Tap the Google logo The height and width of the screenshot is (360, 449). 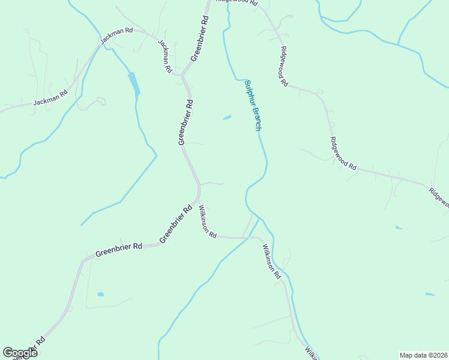tap(20, 353)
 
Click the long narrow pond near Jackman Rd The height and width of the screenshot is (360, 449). tap(134, 83)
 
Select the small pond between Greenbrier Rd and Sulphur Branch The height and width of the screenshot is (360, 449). tap(227, 118)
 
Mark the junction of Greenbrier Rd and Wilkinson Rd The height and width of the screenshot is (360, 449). tap(198, 201)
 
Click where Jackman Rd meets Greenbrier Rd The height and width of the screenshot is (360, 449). tap(182, 75)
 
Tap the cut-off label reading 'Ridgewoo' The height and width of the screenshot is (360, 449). tap(439, 197)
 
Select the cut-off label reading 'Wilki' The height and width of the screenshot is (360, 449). tap(310, 352)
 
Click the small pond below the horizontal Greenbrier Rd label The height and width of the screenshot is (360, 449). tap(100, 295)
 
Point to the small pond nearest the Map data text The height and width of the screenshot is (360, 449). tap(429, 294)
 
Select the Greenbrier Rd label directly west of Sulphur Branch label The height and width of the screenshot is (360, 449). tap(185, 122)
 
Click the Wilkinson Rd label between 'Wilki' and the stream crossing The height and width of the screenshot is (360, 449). tap(270, 261)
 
